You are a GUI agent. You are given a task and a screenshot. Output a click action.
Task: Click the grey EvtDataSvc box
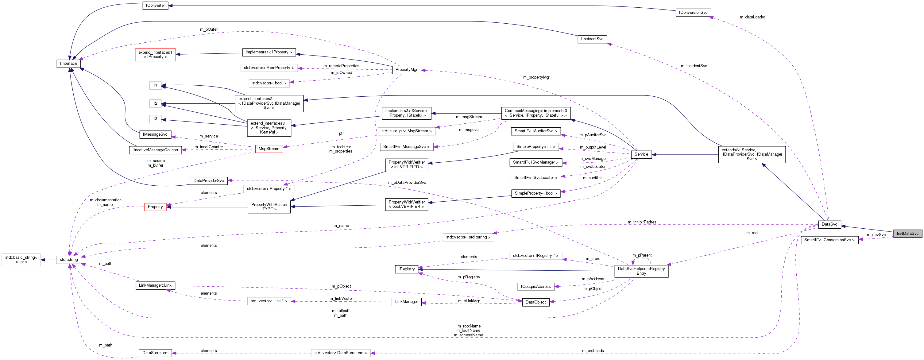pos(907,234)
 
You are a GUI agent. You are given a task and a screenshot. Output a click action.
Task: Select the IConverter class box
pos(155,6)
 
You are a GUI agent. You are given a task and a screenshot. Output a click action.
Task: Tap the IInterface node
pos(68,64)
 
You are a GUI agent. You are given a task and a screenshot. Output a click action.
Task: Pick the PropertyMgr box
pos(406,70)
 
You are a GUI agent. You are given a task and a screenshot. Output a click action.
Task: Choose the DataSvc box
pos(829,224)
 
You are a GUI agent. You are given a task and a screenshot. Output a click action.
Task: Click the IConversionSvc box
pos(693,13)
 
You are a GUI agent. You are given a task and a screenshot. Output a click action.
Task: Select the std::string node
pos(68,260)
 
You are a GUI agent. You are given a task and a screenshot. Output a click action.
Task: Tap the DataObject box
pos(535,302)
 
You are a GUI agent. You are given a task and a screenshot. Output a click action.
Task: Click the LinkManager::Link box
pos(155,285)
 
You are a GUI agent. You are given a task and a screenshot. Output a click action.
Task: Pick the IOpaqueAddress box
pos(535,286)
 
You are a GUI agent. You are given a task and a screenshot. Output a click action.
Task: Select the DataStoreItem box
pos(155,353)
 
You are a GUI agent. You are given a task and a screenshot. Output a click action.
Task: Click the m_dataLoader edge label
pos(752,17)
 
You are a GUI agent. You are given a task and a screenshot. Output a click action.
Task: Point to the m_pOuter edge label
pos(209,29)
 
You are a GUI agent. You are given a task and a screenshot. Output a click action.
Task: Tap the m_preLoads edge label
pos(593,351)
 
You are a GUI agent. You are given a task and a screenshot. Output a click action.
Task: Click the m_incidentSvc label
pos(694,66)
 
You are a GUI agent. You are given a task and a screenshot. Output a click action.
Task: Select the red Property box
pos(155,207)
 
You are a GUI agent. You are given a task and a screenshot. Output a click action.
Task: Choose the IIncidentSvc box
pos(592,39)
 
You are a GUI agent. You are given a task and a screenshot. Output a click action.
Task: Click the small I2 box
pos(155,103)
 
